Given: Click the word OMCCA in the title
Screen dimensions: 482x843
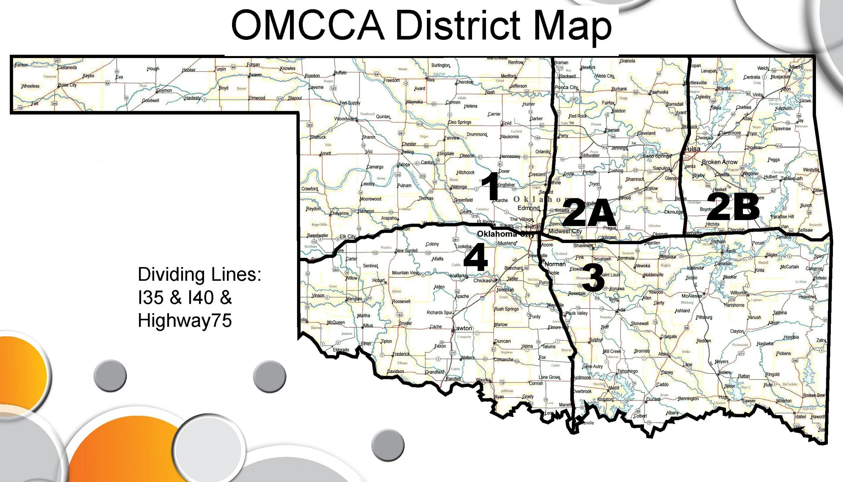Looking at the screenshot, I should [308, 25].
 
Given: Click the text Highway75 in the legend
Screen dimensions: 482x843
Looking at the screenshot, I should [185, 320].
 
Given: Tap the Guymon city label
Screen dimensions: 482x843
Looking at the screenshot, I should [164, 90].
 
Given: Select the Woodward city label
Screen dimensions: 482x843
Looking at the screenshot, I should [346, 119].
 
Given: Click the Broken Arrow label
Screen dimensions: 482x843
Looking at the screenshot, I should [720, 162].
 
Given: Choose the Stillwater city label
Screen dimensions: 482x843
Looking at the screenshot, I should [590, 155].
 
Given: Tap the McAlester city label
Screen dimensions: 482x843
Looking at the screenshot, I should [692, 296].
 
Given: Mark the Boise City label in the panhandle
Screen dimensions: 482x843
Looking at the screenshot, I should [67, 85].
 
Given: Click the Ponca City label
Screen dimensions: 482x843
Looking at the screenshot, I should [566, 87].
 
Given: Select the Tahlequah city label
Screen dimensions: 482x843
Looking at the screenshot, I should [792, 178].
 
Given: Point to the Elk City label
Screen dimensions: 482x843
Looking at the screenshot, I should [348, 236].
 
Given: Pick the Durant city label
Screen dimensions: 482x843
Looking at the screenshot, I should [653, 399].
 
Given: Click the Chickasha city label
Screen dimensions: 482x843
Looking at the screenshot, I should [485, 280].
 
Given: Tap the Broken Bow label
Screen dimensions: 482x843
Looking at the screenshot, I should [814, 395].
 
